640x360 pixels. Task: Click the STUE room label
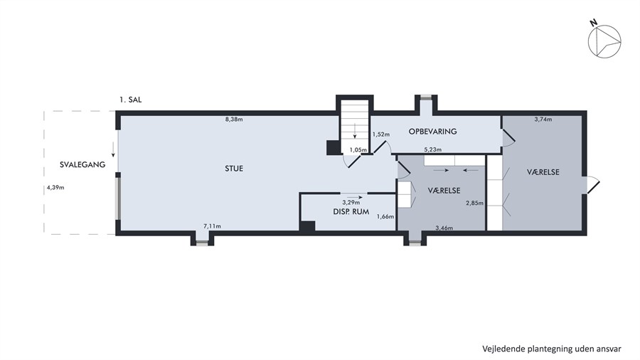(234, 169)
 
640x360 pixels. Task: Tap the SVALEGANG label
(82, 164)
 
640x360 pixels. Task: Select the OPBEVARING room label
(432, 132)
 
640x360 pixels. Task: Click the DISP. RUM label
(351, 212)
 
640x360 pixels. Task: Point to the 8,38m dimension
(234, 120)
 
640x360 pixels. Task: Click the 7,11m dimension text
(212, 226)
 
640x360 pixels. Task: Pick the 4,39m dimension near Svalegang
(55, 188)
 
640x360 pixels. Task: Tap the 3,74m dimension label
(543, 120)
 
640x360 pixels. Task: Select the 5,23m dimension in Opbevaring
(432, 150)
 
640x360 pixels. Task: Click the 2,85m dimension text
(475, 203)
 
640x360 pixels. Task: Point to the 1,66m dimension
(385, 217)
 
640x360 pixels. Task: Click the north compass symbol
(604, 41)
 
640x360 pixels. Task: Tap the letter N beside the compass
(594, 23)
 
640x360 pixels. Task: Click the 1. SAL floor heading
(131, 100)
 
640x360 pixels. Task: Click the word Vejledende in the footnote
(503, 349)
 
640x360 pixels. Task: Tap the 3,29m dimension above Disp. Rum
(351, 202)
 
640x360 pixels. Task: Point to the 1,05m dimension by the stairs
(358, 150)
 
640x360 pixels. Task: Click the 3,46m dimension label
(444, 228)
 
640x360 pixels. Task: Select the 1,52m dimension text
(381, 134)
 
